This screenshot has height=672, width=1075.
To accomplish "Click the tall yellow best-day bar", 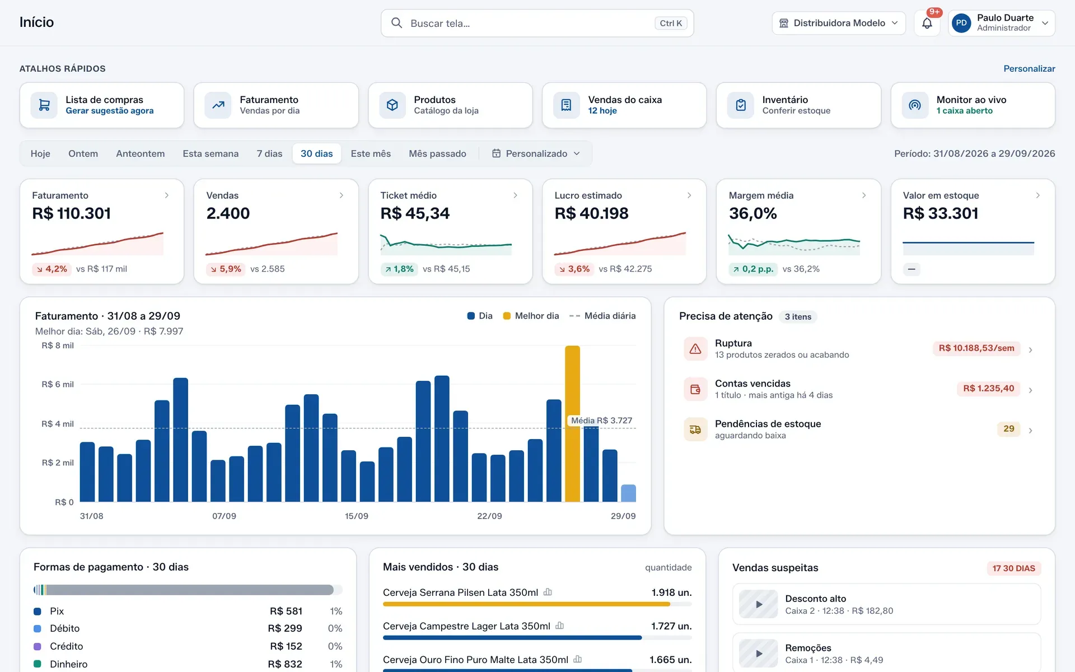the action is click(x=572, y=423).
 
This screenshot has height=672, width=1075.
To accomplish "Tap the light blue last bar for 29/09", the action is click(x=628, y=493).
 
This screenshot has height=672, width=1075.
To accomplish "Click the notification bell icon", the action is click(x=927, y=24).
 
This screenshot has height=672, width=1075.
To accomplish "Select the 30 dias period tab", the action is click(x=316, y=153).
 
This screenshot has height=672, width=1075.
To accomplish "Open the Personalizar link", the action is click(x=1029, y=68).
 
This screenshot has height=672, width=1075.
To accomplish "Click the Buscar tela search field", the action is click(x=537, y=23).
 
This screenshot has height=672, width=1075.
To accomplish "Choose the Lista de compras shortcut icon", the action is click(x=44, y=105).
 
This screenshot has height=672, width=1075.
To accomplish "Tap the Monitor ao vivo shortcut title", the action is click(x=971, y=100).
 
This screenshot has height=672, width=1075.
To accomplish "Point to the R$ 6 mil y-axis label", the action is click(x=58, y=384).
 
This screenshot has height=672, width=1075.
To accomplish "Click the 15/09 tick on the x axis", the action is click(x=357, y=516).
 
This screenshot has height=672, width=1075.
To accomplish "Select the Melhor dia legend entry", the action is click(x=531, y=316).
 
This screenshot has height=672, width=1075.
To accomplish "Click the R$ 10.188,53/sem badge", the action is click(x=976, y=348).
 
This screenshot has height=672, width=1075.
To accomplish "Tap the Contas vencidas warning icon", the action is click(x=695, y=389).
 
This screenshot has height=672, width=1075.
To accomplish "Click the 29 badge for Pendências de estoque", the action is click(x=1009, y=429).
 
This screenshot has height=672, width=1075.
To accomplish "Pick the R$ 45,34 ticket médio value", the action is click(x=415, y=213).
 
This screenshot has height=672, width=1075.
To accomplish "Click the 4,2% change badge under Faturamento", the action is click(x=52, y=269).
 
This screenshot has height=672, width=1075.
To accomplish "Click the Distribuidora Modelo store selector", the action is click(x=838, y=23).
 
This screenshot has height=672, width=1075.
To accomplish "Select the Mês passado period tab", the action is click(x=437, y=153).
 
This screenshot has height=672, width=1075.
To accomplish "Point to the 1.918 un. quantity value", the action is click(x=671, y=592).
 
